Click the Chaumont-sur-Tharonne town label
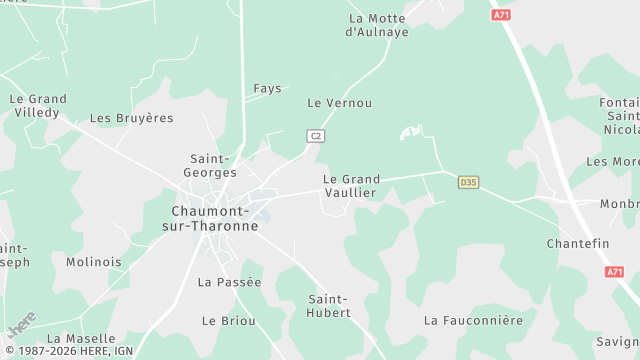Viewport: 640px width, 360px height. coord(215,218)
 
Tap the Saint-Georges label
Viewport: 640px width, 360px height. coord(211,165)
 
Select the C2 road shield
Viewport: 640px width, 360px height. coord(316,135)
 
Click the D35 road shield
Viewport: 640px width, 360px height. coord(467,182)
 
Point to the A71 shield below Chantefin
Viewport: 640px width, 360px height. coord(614,272)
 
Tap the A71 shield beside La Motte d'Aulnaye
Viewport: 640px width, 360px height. coord(502,15)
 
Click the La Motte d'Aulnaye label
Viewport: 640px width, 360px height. coord(377,25)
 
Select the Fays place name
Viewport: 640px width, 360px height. coord(267,88)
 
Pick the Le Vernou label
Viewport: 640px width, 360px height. coord(340,103)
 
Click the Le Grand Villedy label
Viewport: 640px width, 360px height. coord(38,106)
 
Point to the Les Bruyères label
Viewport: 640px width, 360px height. coord(131,118)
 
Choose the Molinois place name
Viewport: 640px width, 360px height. coord(93,262)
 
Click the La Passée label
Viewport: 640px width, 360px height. coord(229,282)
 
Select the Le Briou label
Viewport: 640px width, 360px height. coord(228,321)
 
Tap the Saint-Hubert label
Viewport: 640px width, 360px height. coord(329,306)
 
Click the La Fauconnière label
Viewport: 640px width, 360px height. coord(473,321)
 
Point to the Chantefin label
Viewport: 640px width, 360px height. coord(578,244)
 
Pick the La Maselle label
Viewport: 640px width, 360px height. coord(81,339)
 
